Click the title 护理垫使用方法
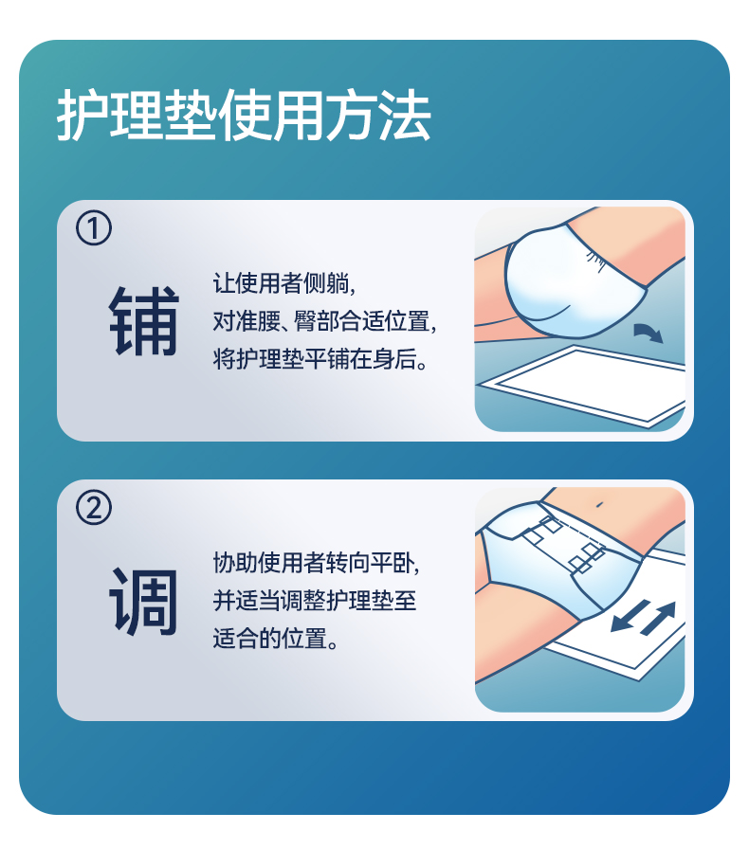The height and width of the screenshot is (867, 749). coord(244,116)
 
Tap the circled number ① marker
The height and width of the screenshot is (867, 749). coord(94,228)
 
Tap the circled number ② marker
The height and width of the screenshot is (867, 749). coord(94,508)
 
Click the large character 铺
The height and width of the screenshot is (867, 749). coord(144,320)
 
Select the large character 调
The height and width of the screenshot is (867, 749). coord(144,601)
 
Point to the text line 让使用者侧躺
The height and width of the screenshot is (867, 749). coord(283,283)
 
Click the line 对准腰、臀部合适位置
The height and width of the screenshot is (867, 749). coord(324,320)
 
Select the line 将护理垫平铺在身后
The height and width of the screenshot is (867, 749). coord(320,359)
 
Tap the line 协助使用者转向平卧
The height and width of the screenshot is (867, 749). coord(316,562)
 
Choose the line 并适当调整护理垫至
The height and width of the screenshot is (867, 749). coord(315,601)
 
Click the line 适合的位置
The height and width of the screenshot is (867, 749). coord(275,639)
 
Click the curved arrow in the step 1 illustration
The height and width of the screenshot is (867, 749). coord(648,332)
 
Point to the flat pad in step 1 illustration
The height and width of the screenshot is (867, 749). coord(581,386)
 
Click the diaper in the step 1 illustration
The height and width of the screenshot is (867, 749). coord(575,281)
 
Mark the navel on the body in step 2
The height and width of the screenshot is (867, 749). coord(599,504)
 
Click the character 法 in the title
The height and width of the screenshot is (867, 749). coord(405,116)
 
